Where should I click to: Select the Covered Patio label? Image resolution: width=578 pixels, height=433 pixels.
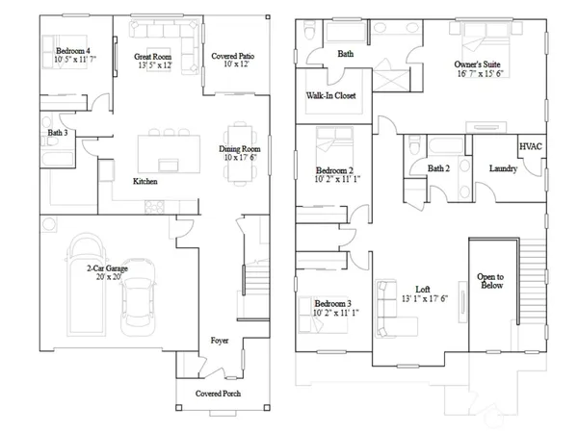coord(232,57)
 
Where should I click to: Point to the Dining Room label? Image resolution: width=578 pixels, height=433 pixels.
coord(239,149)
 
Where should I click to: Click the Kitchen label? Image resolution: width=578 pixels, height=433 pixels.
coord(145,181)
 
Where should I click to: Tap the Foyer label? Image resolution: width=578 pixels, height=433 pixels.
coord(220,342)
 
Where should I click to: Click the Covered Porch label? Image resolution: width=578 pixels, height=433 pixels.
coord(218,394)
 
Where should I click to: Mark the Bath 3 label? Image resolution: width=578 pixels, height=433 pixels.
coord(58,133)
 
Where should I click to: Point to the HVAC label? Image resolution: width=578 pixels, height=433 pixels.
coord(531,146)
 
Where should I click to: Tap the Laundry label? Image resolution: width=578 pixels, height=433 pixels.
coord(504,169)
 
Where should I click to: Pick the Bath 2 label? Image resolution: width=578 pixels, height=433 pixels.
coord(439,169)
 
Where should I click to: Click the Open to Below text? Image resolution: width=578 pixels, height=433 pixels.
coord(489,281)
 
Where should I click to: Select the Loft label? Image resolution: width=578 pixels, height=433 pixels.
coord(422,288)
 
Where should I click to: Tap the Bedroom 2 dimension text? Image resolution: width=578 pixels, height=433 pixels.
coord(337,179)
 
